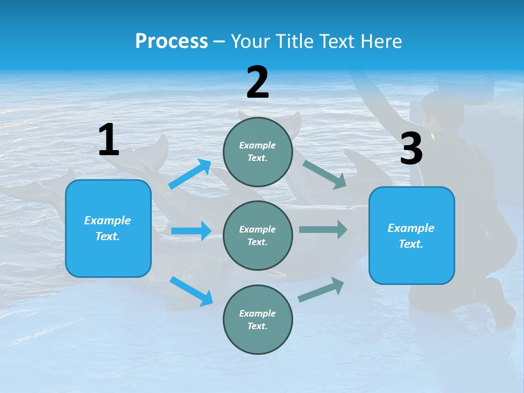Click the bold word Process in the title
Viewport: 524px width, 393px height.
coord(171,41)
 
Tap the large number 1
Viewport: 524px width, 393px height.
coord(109,140)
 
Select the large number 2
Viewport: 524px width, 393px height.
coord(258,82)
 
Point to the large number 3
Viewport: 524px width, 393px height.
coord(411,148)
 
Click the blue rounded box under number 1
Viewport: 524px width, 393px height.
coord(108,228)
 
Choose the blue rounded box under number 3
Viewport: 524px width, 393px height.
coord(412,235)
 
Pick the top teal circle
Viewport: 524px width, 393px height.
coord(258,152)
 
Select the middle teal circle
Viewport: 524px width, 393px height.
coord(258,235)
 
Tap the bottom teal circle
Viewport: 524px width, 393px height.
coord(258,319)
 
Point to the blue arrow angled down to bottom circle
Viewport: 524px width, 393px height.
coord(191,291)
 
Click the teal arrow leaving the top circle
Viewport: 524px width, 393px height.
coord(325,174)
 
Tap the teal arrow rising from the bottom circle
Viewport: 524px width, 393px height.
coord(321,290)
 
